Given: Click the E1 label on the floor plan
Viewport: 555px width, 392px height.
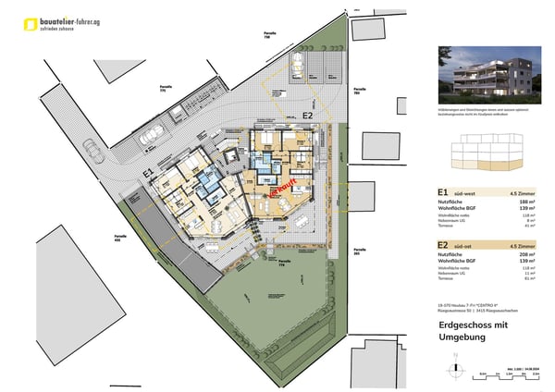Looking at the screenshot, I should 148,173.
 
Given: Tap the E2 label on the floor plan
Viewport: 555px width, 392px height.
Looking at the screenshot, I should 307,116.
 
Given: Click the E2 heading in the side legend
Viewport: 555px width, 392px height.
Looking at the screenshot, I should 444,245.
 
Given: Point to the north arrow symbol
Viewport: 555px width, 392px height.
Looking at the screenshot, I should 455,368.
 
